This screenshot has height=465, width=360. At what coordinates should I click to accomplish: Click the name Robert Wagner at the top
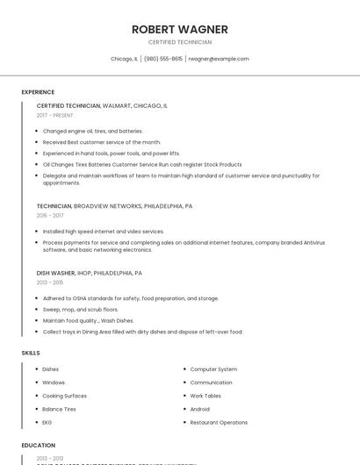coord(179,29)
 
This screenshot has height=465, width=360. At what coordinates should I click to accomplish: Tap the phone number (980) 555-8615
coord(163,59)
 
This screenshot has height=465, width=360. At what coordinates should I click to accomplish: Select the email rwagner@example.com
coord(219,59)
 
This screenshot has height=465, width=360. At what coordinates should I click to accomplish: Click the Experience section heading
coord(38,92)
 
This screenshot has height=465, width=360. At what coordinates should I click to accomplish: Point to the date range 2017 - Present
coord(55,115)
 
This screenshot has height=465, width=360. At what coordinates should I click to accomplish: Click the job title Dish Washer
coord(56,273)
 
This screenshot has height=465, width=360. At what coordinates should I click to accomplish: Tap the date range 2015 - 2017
coord(50,215)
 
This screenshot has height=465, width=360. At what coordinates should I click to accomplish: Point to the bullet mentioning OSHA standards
coord(130,298)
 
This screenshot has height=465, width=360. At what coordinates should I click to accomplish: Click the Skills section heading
coord(31,353)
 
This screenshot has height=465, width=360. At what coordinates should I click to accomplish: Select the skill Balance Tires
coord(59,409)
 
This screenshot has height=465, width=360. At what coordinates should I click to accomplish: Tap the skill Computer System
coord(213,369)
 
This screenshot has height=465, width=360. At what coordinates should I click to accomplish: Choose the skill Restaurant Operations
coord(219,422)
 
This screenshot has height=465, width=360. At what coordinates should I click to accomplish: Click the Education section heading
coord(39,445)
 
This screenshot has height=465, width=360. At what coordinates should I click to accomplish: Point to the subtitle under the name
coord(179,42)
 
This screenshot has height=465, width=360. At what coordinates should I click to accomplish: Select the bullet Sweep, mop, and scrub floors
coord(80,310)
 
